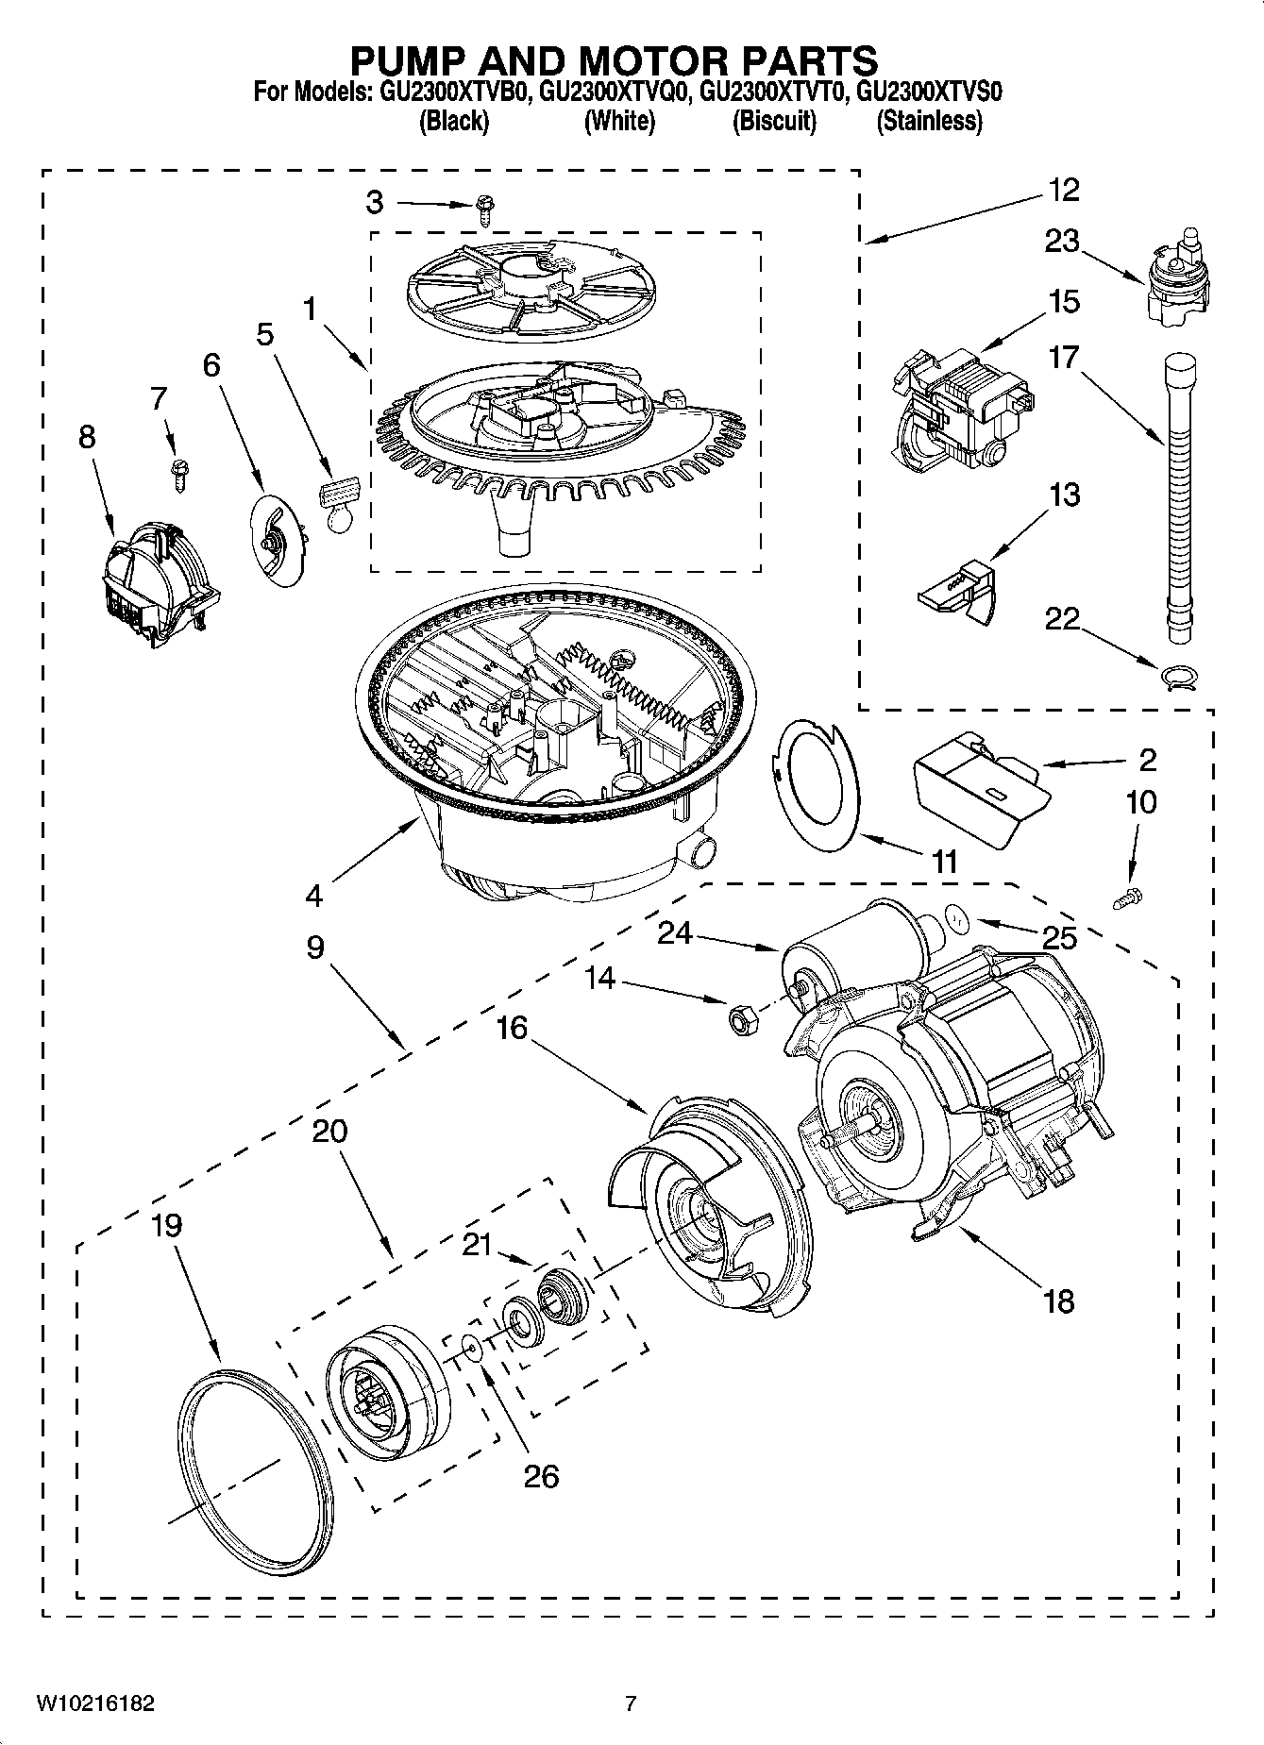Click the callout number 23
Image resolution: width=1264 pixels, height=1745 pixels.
[1061, 242]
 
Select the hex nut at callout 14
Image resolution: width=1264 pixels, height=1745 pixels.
[741, 1019]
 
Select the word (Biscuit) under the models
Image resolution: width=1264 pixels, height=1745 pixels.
[774, 121]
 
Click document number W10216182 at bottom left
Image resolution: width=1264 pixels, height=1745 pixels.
[95, 1703]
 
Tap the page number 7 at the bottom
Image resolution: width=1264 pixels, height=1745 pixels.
[631, 1703]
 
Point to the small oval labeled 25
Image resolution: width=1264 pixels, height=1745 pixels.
[956, 915]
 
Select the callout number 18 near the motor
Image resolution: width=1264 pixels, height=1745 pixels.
[1058, 1301]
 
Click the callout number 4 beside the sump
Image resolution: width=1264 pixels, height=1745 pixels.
[313, 895]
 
